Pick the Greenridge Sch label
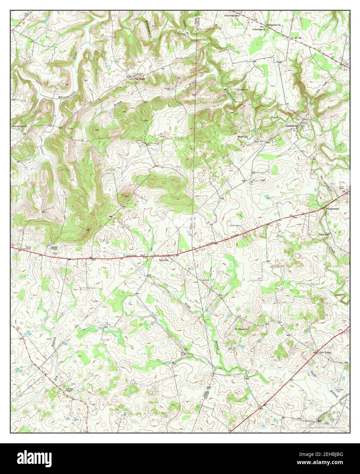233,16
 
